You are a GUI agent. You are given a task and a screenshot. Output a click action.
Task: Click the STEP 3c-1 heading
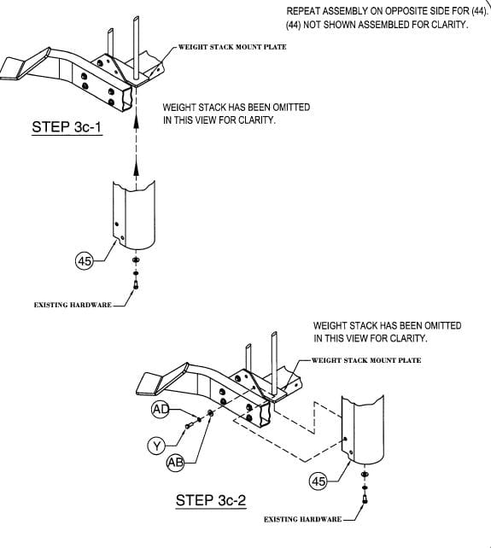pos(67,126)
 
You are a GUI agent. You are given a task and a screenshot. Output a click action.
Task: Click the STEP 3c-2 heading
pos(211,500)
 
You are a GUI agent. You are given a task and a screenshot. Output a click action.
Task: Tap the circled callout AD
pos(161,409)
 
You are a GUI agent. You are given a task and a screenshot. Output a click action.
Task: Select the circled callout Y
pos(156,446)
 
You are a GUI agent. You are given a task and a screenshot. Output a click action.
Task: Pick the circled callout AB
pos(176,463)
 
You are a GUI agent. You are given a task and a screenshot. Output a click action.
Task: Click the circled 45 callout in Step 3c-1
pos(85,260)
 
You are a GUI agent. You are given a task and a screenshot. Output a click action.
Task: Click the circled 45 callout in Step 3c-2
pos(319,481)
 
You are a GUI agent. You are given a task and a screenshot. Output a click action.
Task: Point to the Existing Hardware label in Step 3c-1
pos(73,305)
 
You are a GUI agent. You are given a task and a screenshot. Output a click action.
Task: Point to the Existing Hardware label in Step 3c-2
pos(302,519)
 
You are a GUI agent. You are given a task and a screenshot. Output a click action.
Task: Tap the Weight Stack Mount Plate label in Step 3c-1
pos(232,47)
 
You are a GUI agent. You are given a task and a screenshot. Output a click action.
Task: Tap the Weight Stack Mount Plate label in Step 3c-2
pos(366,360)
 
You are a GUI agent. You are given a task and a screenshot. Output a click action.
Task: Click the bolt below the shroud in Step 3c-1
pos(136,284)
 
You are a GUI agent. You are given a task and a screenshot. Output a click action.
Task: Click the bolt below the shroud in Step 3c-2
pos(365,498)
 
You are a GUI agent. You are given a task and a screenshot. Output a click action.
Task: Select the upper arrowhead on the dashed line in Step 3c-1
pos(137,122)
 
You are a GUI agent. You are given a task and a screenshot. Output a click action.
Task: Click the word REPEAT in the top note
pos(303,11)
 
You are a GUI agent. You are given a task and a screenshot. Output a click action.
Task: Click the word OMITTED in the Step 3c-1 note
pos(293,107)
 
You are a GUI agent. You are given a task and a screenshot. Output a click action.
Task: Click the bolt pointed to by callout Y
pos(190,425)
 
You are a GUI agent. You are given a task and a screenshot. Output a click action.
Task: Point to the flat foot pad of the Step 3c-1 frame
pos(13,69)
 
